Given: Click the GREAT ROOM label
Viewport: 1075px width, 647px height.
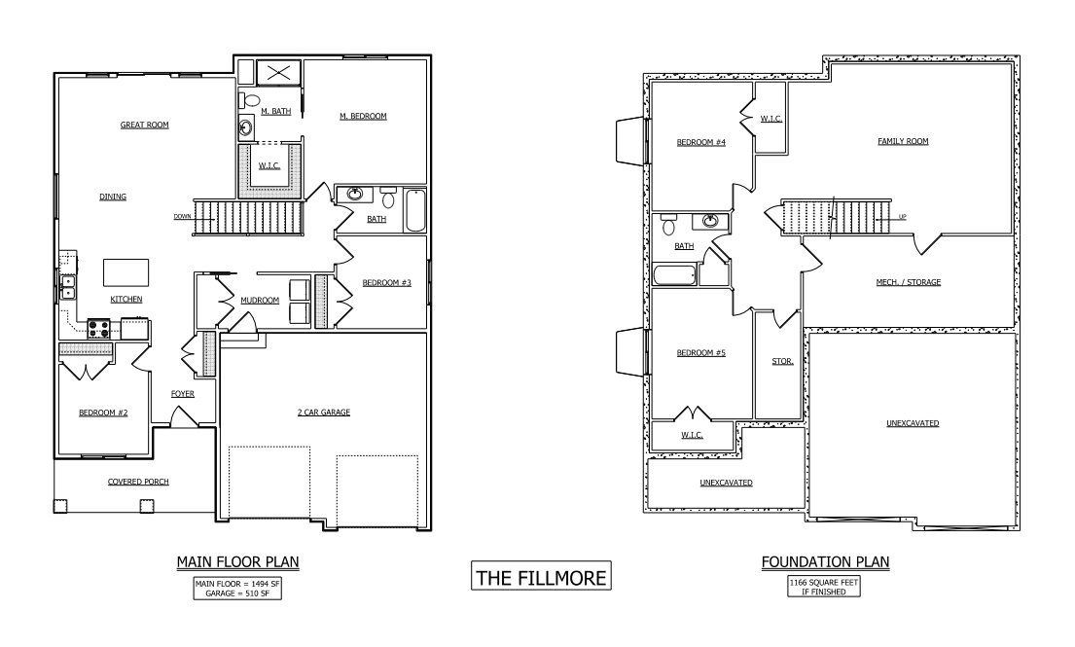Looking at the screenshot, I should click(145, 125).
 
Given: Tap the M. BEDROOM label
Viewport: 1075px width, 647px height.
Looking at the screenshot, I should click(363, 116).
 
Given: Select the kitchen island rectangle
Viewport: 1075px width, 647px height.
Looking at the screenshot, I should click(126, 270).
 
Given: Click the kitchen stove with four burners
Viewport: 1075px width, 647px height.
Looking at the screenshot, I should click(99, 327).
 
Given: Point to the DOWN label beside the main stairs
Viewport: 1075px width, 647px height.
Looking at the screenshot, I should click(182, 217).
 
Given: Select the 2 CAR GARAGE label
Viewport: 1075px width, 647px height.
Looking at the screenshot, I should click(324, 413).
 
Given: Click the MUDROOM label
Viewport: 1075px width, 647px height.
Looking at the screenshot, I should click(260, 300).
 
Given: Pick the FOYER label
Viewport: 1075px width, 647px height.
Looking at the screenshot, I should click(182, 394).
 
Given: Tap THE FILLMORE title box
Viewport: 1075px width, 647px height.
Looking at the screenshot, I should click(541, 577).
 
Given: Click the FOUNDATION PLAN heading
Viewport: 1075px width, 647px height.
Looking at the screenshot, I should click(825, 562).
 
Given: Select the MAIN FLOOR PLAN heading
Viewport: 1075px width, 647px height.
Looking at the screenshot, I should click(237, 562).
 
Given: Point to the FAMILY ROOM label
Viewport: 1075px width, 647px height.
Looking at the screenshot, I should click(903, 141).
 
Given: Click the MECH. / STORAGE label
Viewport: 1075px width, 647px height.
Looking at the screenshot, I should click(908, 282).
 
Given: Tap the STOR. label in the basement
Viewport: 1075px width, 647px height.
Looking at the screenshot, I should click(783, 361).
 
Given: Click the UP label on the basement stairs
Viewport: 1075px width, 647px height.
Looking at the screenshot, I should click(902, 217).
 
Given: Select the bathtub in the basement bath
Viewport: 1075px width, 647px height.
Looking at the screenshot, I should click(674, 274).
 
